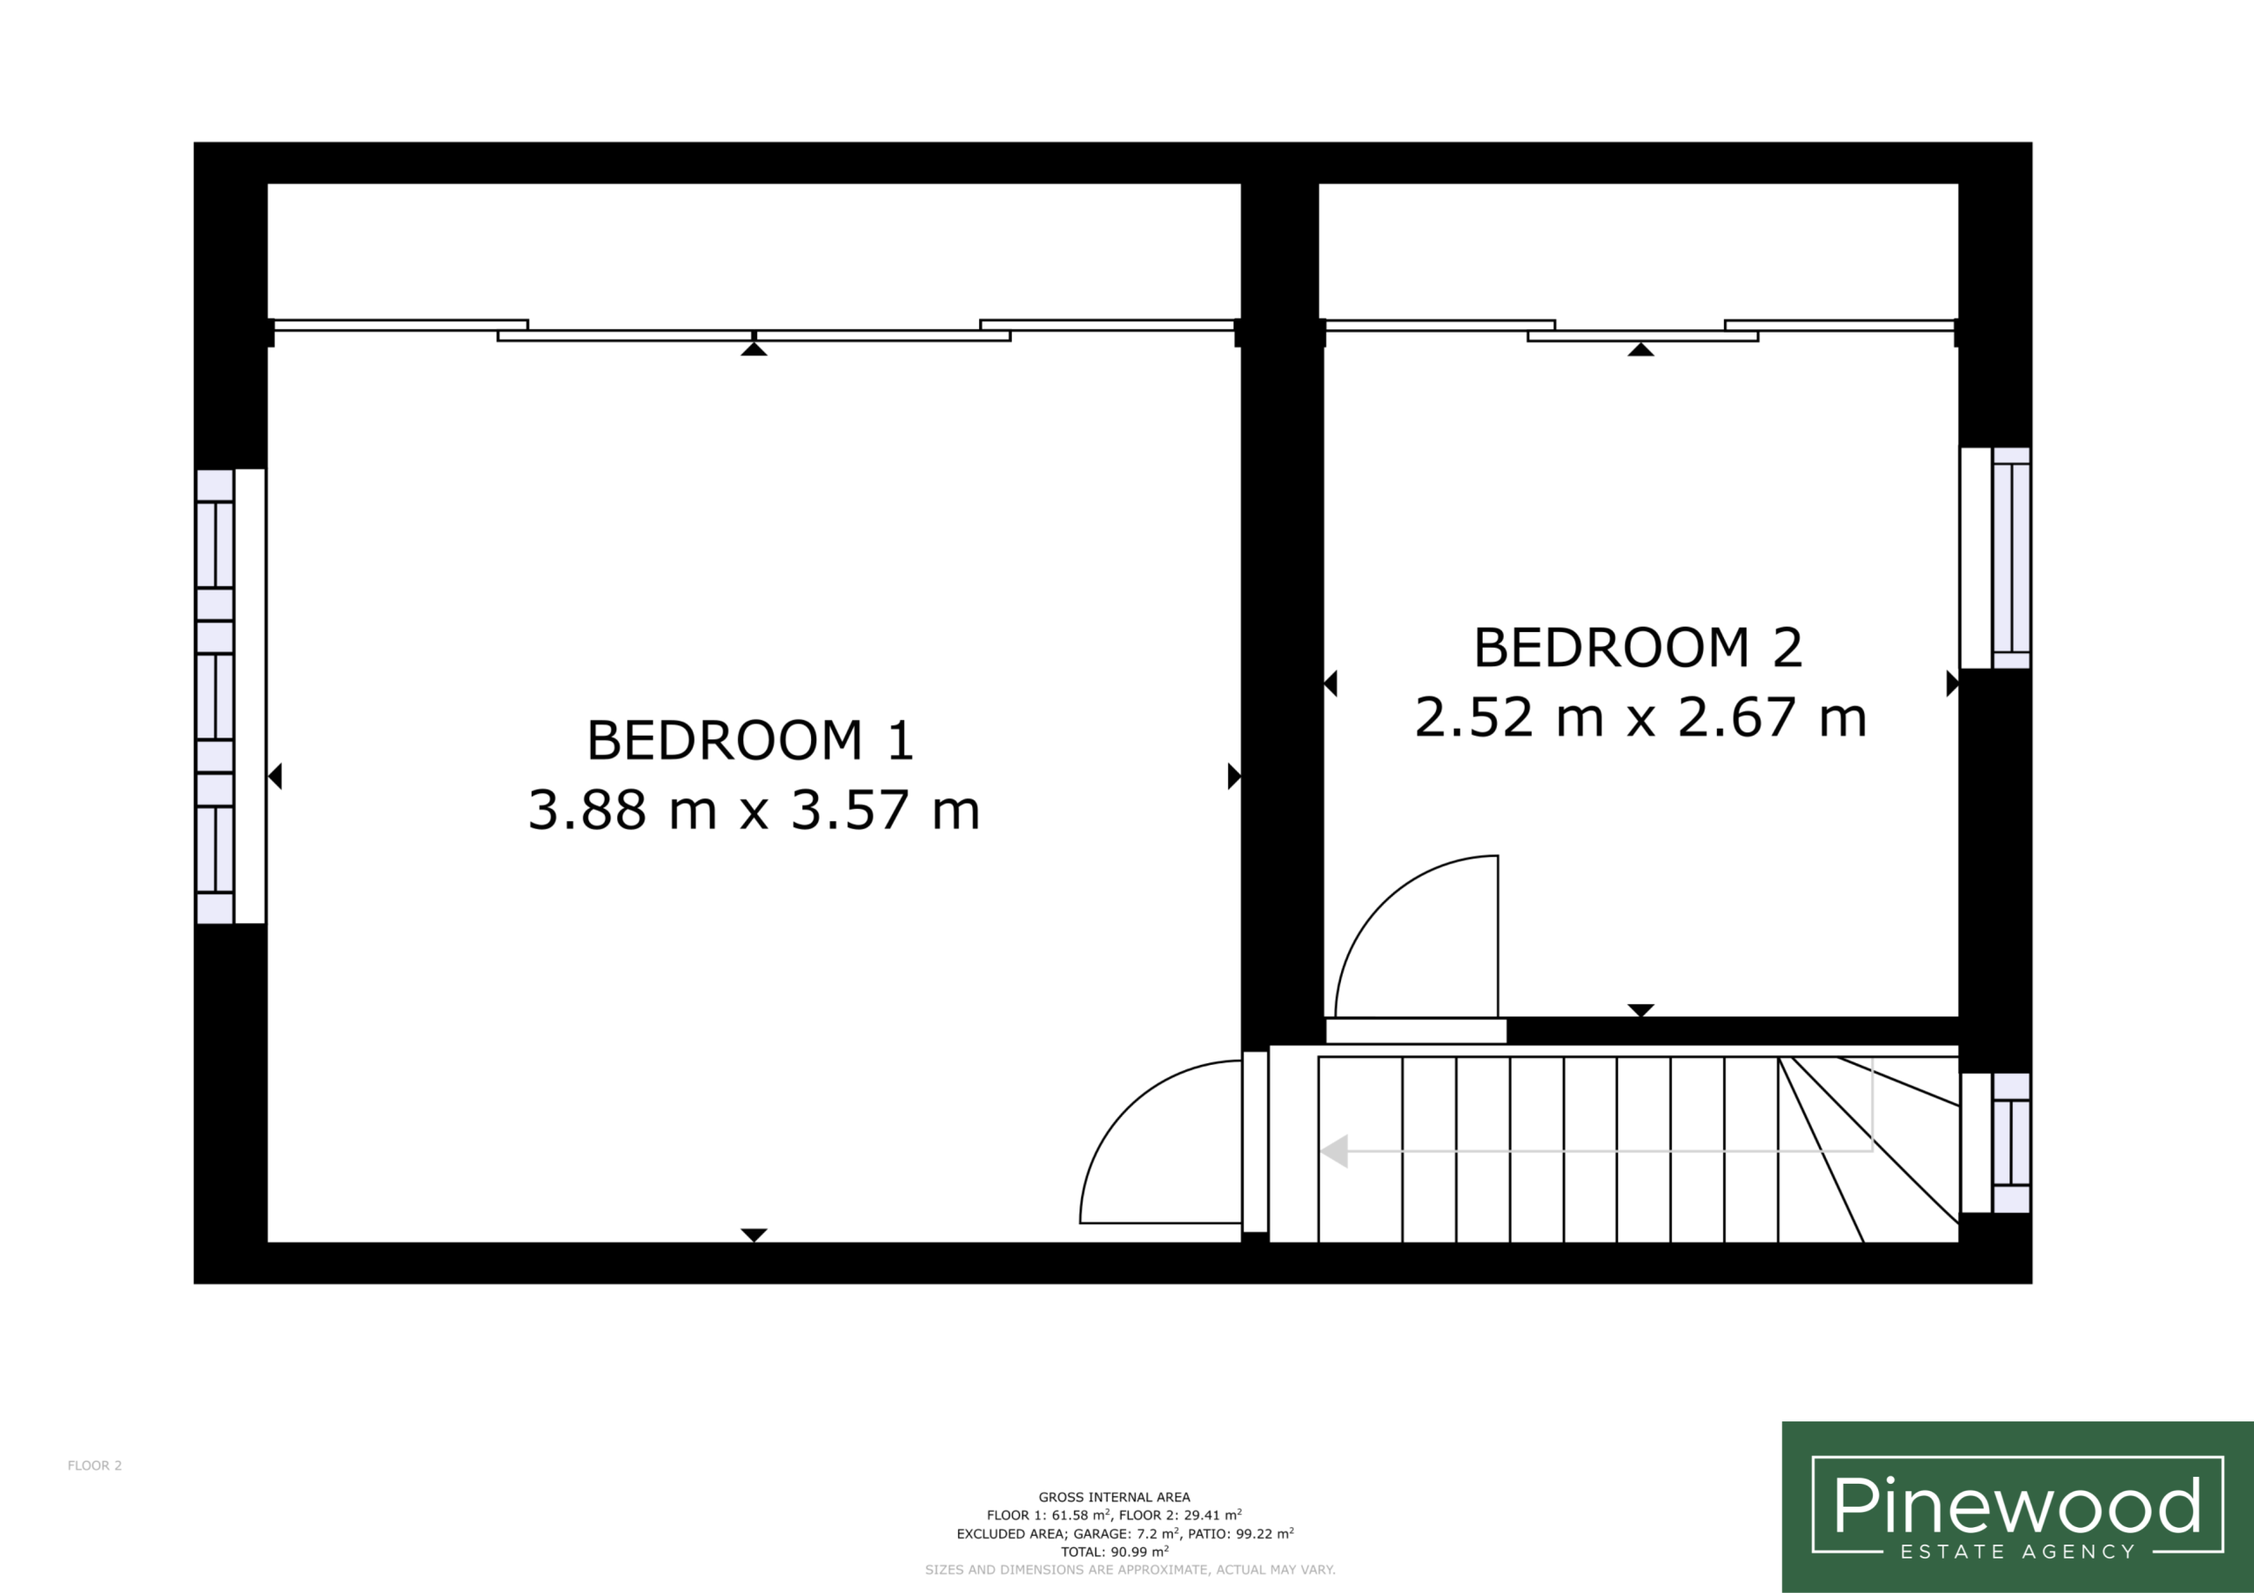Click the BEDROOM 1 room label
point(750,740)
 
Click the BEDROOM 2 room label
point(1638,648)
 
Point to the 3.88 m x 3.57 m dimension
point(754,810)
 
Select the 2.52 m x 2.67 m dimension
point(1640,717)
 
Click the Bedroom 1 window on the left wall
point(230,696)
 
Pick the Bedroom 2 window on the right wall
point(1995,557)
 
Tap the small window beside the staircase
point(1995,1142)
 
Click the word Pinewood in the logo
point(2016,1506)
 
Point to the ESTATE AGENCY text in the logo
point(2017,1552)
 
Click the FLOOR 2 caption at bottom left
point(94,1465)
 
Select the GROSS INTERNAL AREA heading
point(1115,1497)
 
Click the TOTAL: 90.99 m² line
point(1115,1552)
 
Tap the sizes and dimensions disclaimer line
point(1130,1570)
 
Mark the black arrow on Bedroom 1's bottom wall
point(753,1235)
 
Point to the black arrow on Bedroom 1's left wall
point(275,776)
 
